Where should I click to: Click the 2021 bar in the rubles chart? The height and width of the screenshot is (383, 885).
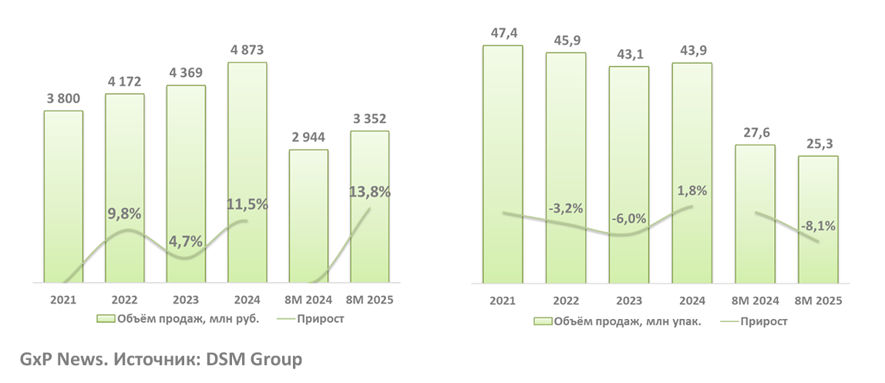[63, 197]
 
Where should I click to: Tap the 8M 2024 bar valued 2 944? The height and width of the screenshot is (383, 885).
[308, 216]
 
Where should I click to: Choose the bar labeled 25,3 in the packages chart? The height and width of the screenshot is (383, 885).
[818, 220]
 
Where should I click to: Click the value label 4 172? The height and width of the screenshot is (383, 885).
[125, 81]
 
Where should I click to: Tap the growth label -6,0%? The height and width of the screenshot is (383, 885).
[629, 218]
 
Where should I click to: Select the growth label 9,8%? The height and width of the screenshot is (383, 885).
[124, 213]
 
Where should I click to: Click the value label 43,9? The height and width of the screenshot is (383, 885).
[692, 50]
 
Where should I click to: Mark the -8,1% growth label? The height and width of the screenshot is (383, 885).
[818, 226]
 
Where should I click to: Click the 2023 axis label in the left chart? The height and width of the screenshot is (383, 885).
[186, 301]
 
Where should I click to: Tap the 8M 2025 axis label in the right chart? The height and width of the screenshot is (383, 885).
[818, 301]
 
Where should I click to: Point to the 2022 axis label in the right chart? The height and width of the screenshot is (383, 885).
[566, 301]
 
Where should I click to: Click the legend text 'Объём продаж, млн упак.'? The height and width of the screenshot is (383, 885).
[627, 321]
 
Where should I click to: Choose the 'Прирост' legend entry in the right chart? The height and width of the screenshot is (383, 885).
[764, 321]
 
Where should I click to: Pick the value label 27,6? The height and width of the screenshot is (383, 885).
[755, 133]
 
